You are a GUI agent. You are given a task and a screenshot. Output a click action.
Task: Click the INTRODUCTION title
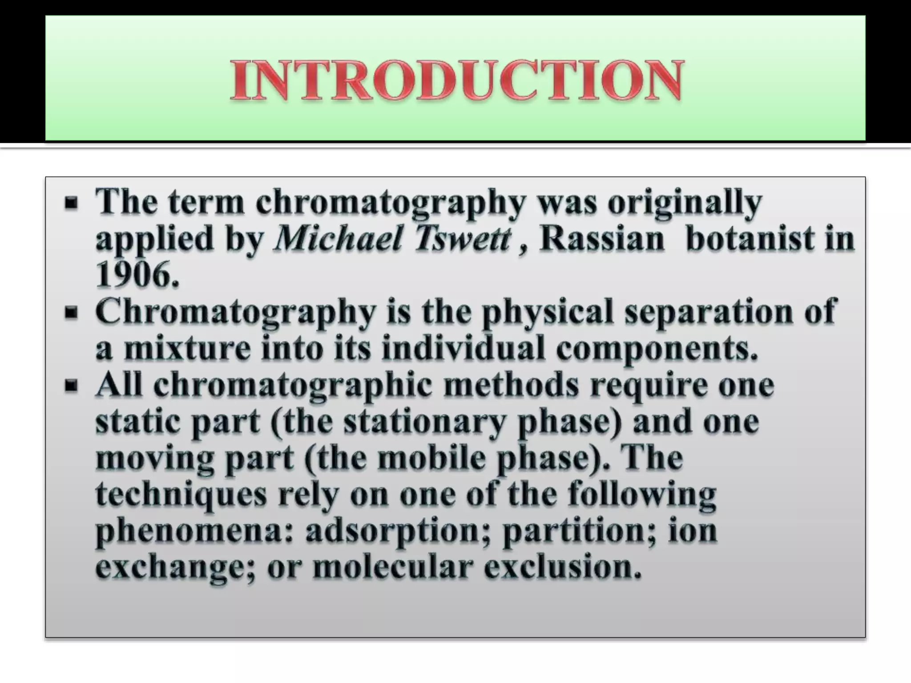point(456,80)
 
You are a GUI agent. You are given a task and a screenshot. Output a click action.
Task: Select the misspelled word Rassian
point(602,239)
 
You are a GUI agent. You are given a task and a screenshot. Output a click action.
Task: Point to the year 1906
point(137,275)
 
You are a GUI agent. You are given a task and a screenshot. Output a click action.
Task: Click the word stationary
point(425,422)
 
